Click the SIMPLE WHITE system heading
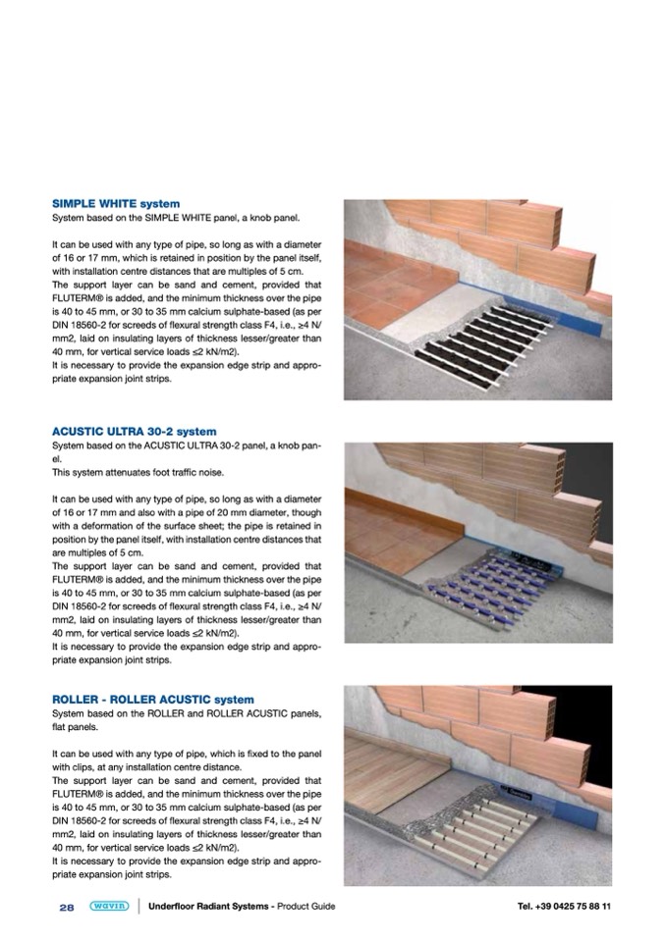(x=115, y=204)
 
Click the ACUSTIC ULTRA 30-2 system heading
(x=134, y=431)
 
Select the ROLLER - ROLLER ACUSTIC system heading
(x=152, y=700)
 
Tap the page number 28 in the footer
(x=67, y=906)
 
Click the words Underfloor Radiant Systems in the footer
(x=209, y=906)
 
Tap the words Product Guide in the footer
(x=305, y=906)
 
